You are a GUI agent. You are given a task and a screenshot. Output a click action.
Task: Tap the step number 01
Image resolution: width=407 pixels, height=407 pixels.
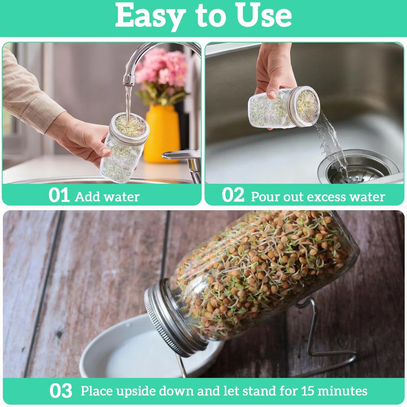[x=59, y=195]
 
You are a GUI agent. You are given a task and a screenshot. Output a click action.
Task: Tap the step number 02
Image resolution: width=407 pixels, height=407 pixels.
[x=233, y=195]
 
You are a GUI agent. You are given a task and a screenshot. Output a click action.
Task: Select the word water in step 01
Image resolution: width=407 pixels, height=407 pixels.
[x=122, y=197]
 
